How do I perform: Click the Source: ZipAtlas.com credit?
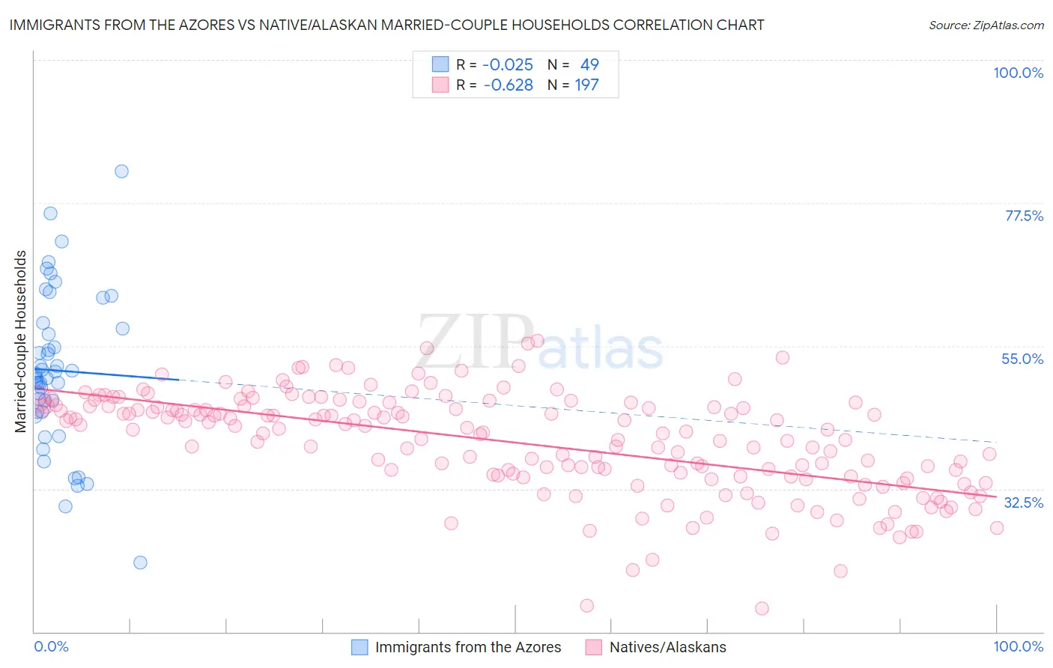986,25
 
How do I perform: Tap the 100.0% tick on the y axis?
1018,73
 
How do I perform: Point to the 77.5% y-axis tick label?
1024,216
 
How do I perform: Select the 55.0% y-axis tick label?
1022,359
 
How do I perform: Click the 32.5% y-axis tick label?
1023,502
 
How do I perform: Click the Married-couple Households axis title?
21,341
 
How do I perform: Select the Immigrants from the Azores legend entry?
467,647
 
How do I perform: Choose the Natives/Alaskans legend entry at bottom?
667,647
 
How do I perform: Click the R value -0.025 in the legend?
508,64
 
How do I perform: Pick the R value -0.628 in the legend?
508,85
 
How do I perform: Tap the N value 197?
586,85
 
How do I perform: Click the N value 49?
589,64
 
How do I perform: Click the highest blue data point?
121,171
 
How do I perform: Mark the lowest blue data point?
140,562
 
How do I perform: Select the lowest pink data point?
762,608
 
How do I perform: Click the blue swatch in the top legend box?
440,64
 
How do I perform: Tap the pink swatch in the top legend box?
440,85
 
